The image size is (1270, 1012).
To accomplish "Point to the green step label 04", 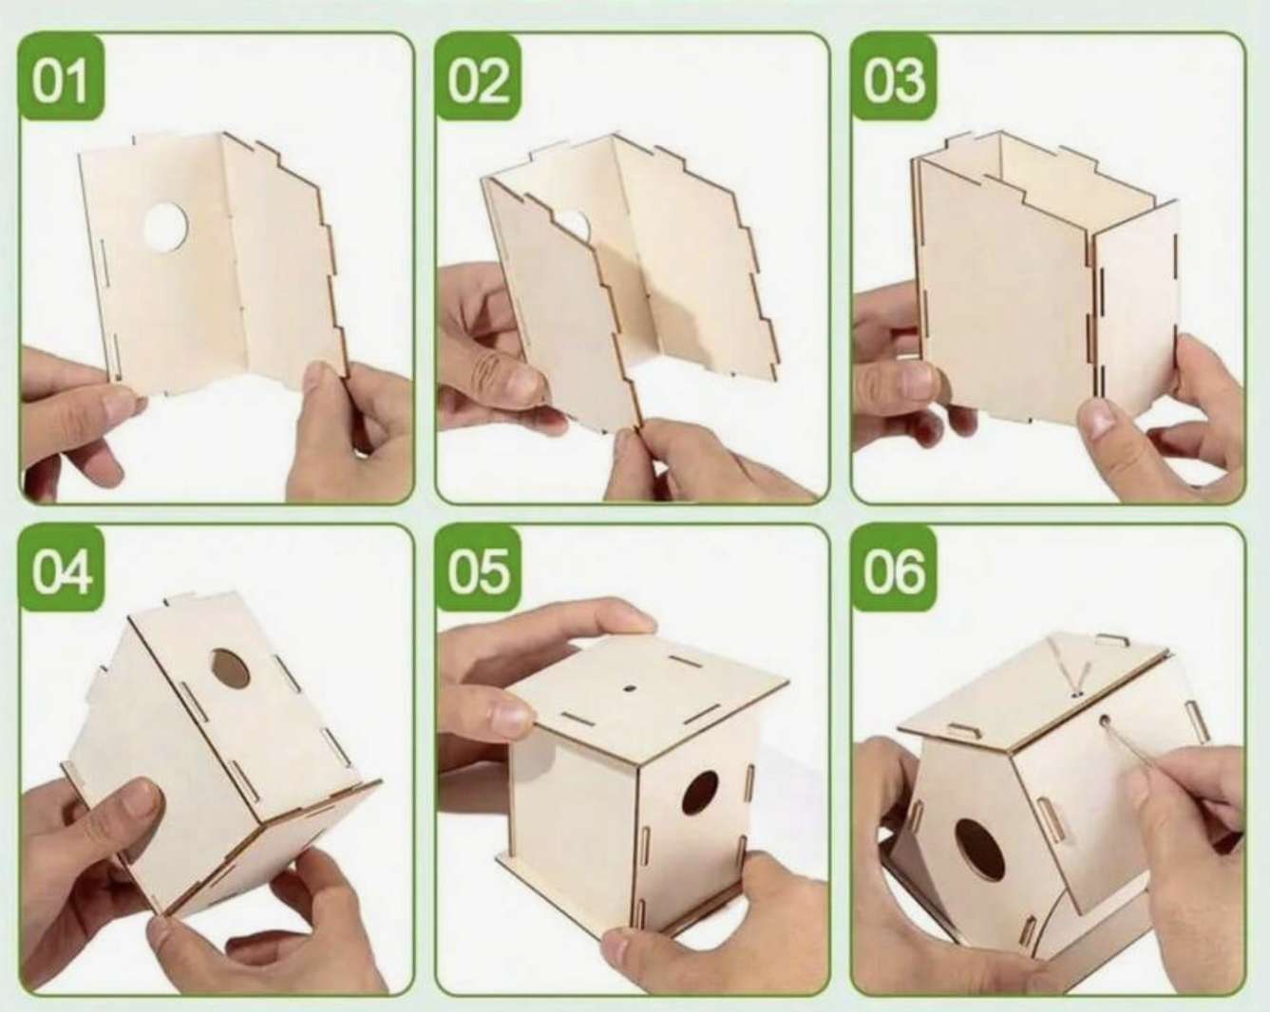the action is [x=61, y=569].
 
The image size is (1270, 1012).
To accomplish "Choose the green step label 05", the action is [x=478, y=569].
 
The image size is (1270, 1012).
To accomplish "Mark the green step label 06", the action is [x=894, y=569].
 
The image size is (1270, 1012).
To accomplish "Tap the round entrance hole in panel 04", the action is [x=231, y=668].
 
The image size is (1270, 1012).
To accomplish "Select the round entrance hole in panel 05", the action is [x=700, y=794].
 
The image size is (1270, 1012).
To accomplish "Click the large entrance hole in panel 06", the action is [x=979, y=850].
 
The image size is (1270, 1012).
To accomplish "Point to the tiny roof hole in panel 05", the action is [x=631, y=687].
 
